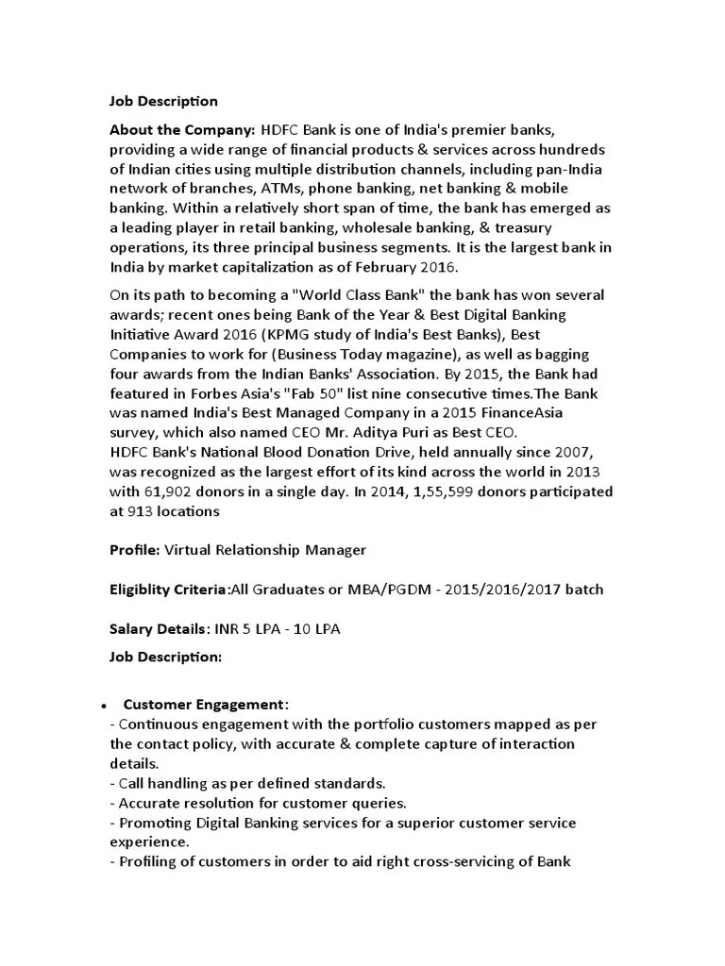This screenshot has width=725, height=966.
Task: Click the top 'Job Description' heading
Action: pos(163,101)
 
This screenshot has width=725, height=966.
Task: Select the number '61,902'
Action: pos(164,492)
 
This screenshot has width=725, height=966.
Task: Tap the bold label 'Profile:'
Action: pos(136,550)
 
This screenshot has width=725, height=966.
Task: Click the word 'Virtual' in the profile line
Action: pos(189,550)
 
